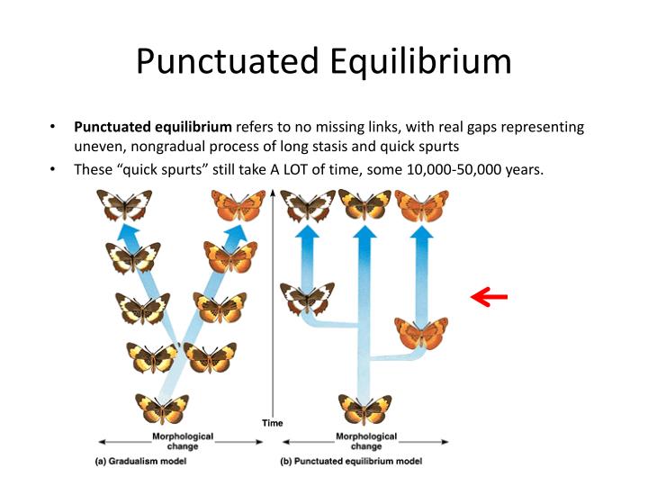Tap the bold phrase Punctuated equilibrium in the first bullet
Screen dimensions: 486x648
152,127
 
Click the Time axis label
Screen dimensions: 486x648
273,423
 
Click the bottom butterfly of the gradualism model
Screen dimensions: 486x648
162,409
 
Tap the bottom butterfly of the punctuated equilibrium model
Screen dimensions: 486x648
364,409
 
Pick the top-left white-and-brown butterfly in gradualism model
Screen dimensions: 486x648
125,206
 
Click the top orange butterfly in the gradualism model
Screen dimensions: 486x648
239,206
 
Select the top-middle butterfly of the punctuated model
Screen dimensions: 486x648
364,206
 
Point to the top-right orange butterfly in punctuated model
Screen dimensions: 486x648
421,206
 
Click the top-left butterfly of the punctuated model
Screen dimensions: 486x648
308,206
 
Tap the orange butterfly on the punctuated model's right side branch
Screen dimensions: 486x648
421,332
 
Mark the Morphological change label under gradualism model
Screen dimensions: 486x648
183,441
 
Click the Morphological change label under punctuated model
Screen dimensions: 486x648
365,441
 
